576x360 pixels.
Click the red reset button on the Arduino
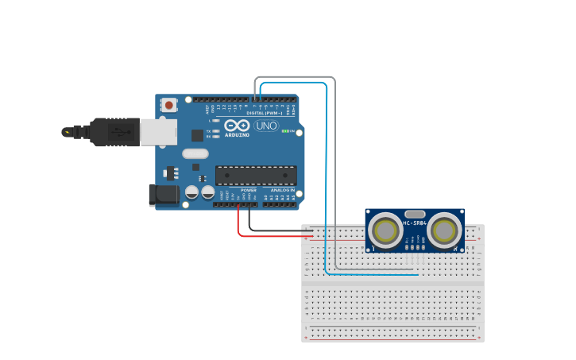click(x=168, y=104)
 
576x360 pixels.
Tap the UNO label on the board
click(x=267, y=126)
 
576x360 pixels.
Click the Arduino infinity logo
click(x=238, y=125)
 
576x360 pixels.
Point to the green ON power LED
click(x=285, y=130)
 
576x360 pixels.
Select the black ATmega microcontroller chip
click(x=256, y=175)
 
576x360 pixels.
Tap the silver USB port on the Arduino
click(x=158, y=132)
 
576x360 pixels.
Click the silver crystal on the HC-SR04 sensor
click(x=415, y=213)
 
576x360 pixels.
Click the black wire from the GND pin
click(x=249, y=221)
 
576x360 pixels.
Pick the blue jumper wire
click(x=327, y=175)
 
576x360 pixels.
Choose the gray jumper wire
click(x=335, y=175)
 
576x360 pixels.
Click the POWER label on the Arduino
click(x=249, y=191)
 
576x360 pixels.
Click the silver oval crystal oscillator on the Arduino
click(x=195, y=154)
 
